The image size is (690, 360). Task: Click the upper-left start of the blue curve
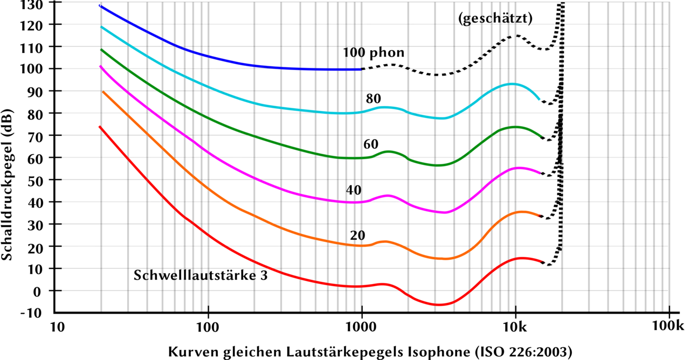tap(98, 5)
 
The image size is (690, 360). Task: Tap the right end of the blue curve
tap(360, 69)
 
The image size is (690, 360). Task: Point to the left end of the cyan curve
tap(101, 26)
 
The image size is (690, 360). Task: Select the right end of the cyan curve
tap(540, 99)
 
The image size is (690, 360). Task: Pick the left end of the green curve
tap(101, 50)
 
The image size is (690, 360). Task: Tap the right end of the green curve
tap(540, 135)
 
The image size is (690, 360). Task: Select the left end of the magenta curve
tap(99, 66)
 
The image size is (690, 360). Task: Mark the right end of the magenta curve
tap(540, 172)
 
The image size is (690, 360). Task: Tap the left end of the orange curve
tap(103, 92)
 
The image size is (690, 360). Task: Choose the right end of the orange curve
tap(540, 216)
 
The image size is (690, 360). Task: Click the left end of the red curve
tap(98, 127)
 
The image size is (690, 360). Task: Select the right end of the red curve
tap(543, 262)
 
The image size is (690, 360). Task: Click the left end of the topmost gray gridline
tap(62, 24)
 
